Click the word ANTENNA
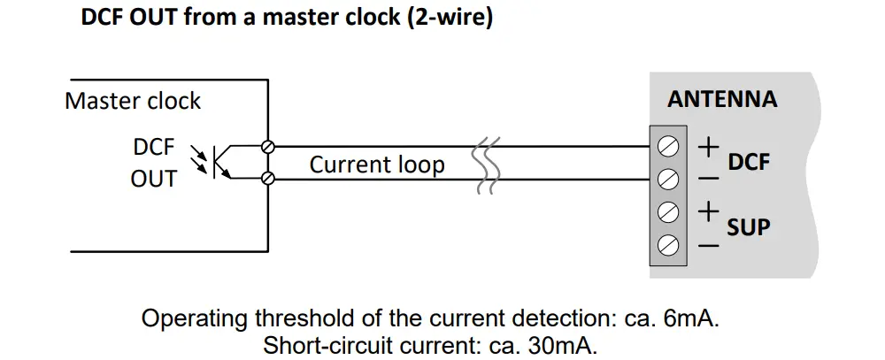pos(722,99)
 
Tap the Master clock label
pos(133,101)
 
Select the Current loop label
pos(377,165)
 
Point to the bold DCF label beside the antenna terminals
pos(749,163)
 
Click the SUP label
pos(749,228)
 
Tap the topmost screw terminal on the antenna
pos(669,146)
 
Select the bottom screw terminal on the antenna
pos(669,245)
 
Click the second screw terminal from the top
pos(669,180)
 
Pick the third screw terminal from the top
pos(669,212)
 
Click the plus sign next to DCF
pos(708,147)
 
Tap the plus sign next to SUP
pos(708,212)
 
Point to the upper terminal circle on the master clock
pos(269,146)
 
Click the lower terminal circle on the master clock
pos(269,180)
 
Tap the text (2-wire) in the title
pos(449,18)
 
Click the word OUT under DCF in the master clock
pos(153,179)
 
